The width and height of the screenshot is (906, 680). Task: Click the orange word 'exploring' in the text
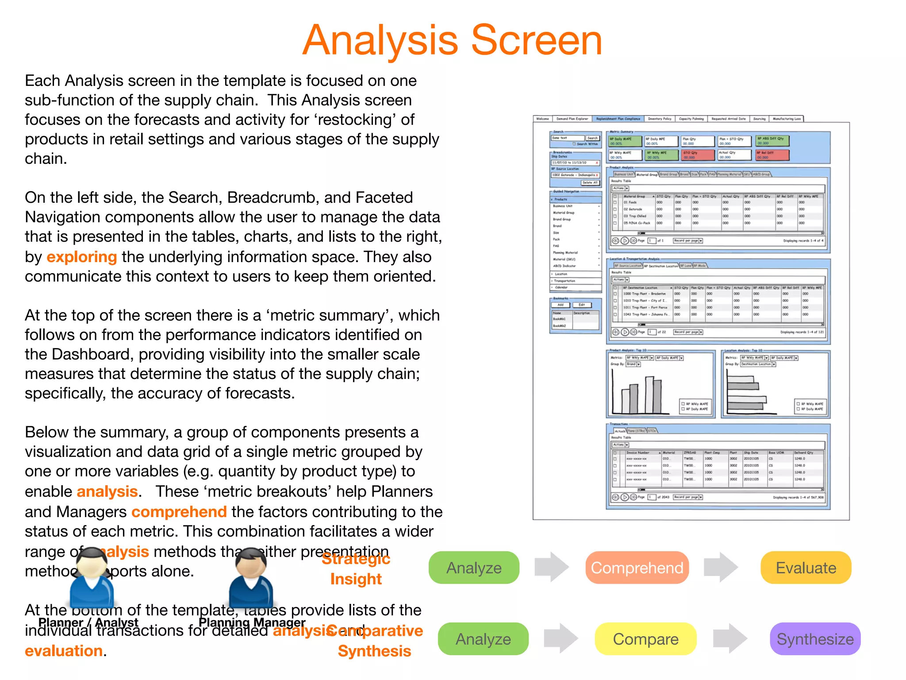click(x=81, y=257)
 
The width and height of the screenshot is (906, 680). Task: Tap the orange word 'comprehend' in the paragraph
click(x=179, y=512)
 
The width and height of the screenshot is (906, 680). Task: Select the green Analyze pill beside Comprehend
click(x=474, y=568)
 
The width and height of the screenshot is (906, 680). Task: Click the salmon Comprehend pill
click(x=637, y=568)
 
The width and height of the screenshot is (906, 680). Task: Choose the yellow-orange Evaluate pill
click(x=806, y=568)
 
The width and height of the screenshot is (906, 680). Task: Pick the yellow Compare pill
click(x=645, y=639)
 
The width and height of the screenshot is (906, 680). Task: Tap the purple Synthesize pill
click(x=815, y=639)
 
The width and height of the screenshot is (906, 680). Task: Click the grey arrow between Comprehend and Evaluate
click(x=721, y=567)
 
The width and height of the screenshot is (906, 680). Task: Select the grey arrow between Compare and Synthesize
click(x=730, y=638)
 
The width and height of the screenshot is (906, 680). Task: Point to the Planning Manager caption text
click(x=252, y=622)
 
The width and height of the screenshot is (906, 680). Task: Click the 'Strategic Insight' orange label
click(x=356, y=569)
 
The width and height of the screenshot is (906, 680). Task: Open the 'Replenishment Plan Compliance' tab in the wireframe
click(x=618, y=119)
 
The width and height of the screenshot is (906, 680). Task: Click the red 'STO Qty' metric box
click(x=698, y=155)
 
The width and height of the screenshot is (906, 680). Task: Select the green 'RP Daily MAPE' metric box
click(x=626, y=141)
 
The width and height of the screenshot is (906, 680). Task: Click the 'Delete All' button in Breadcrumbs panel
click(x=590, y=183)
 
